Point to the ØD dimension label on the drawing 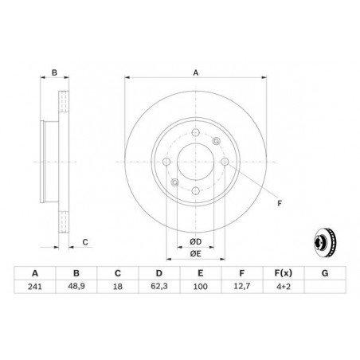[195, 241]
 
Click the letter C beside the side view [84, 241]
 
